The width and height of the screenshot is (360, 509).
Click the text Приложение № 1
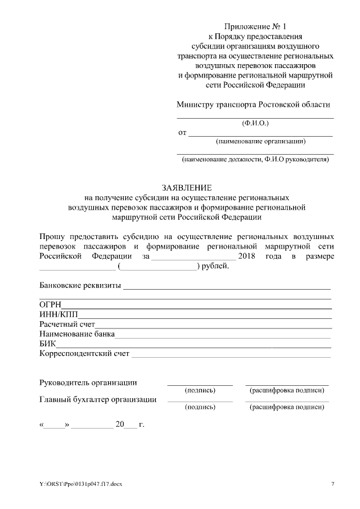point(255,26)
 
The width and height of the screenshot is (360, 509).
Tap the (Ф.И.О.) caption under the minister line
point(255,123)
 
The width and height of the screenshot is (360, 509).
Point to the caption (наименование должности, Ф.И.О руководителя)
point(255,160)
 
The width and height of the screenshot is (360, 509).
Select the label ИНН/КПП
point(61,314)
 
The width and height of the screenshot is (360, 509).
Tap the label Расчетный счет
point(67,325)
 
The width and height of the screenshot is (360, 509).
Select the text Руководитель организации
point(88,383)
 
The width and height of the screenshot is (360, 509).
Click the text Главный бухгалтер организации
point(98,400)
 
